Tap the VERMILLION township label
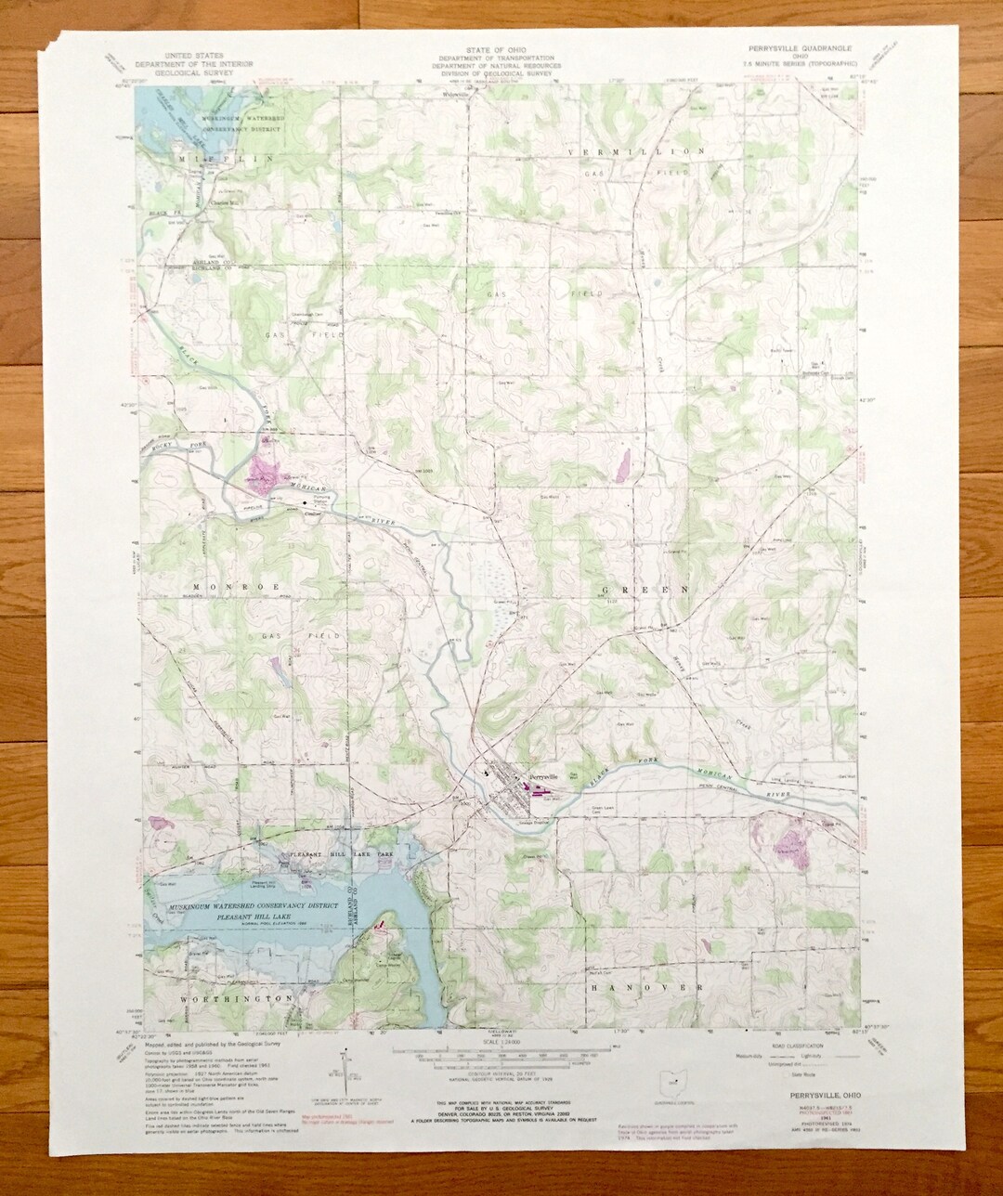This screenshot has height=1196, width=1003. tap(640, 150)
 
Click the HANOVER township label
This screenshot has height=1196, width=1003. tap(645, 988)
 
